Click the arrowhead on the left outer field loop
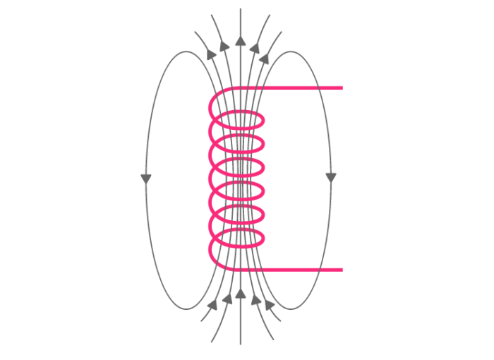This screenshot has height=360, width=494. click(x=146, y=178)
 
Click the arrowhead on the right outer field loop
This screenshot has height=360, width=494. click(x=331, y=176)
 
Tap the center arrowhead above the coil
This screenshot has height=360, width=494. click(x=241, y=40)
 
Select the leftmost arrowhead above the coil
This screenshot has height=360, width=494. click(x=210, y=53)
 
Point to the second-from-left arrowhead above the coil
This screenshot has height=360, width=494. click(x=224, y=46)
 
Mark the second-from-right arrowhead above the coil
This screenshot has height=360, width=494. click(x=257, y=45)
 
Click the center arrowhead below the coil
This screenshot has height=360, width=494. click(x=241, y=293)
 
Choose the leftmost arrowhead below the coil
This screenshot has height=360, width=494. click(x=212, y=305)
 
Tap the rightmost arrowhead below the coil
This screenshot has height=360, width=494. click(x=270, y=305)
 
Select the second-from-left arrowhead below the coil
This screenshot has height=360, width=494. click(x=227, y=299)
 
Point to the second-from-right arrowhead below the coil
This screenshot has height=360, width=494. click(x=255, y=299)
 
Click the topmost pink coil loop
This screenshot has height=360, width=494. click(x=240, y=120)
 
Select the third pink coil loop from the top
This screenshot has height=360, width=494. click(x=240, y=167)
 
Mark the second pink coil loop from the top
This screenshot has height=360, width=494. click(x=240, y=143)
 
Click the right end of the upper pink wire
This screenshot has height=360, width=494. click(x=342, y=88)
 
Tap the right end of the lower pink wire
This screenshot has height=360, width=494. click(x=342, y=270)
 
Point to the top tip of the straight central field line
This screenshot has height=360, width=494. click(x=241, y=10)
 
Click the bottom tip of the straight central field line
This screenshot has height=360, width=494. click(x=241, y=343)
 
